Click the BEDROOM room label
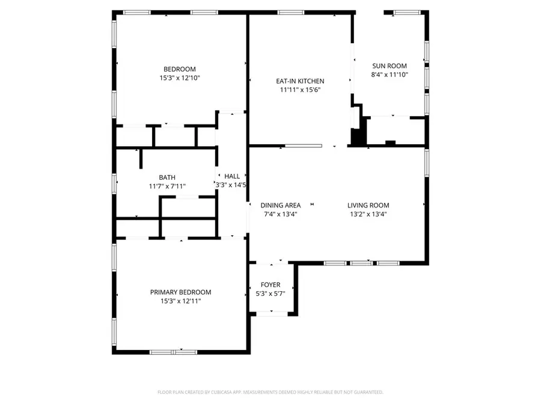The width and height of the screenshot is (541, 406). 180,69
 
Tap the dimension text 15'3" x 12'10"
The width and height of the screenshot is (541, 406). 180,78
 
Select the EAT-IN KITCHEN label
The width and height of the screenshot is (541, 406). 300,81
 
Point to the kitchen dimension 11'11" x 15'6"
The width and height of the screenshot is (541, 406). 300,90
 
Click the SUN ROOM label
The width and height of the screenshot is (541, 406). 389,66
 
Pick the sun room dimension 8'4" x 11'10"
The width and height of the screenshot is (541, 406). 389,75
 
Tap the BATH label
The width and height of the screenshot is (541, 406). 167,177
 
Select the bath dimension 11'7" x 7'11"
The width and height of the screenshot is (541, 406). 167,186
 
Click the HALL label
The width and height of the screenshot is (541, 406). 232,176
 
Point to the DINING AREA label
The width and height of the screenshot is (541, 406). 281,205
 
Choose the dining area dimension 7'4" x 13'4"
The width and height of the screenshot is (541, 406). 281,214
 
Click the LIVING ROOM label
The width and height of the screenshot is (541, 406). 368,205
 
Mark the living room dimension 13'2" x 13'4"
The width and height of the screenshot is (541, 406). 368,214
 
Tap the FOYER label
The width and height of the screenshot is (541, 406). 270,285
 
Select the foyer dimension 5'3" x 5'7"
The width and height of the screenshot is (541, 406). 270,294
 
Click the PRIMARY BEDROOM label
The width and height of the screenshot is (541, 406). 180,292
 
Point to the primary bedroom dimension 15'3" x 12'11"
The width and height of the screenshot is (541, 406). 180,301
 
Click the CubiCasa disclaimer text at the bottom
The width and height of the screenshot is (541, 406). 270,392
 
